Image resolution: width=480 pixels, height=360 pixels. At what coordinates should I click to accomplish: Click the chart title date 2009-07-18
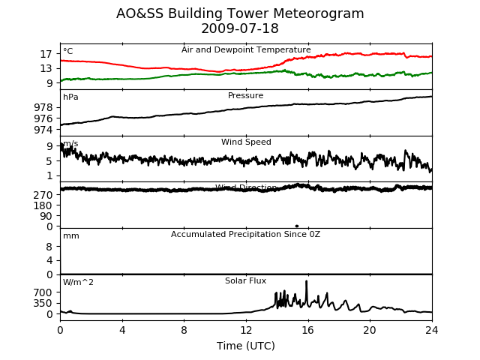click(x=240, y=29)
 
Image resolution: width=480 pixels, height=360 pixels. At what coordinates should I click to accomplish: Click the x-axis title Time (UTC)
click(x=246, y=346)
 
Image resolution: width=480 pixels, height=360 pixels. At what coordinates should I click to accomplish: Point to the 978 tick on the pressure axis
click(x=43, y=107)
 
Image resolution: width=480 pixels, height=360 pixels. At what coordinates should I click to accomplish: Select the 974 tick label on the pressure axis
click(x=43, y=130)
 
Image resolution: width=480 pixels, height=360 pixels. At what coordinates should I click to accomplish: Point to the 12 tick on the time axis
click(x=246, y=330)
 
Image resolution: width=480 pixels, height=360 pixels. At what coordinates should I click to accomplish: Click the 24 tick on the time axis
click(x=432, y=330)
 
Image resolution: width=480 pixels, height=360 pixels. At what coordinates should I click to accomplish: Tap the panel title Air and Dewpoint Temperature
click(x=246, y=50)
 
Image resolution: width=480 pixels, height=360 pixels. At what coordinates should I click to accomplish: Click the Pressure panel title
click(x=246, y=96)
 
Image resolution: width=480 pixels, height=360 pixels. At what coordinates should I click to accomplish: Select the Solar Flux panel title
click(x=246, y=281)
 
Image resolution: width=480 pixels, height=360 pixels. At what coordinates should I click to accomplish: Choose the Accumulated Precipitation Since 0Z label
click(x=246, y=235)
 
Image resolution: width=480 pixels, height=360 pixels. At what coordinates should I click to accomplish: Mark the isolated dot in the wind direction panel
click(x=297, y=226)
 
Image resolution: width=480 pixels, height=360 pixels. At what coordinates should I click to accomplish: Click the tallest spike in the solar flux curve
click(x=306, y=282)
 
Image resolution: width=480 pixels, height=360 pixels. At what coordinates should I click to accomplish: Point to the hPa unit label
click(x=70, y=97)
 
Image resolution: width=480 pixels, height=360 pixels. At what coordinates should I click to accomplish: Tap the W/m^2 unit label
click(x=79, y=283)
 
